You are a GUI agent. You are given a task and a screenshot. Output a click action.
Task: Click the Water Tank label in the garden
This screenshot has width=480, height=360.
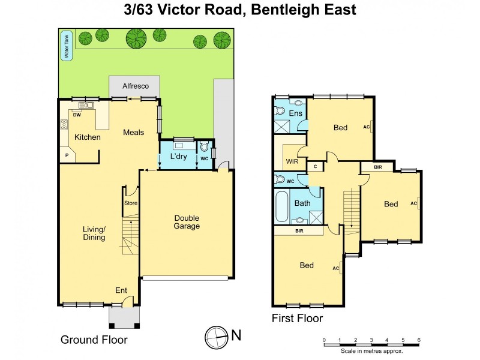coord(66,46)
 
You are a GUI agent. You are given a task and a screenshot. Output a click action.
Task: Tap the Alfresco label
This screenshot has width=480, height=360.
coord(135,86)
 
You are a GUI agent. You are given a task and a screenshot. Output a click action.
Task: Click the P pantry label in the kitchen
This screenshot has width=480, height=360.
coord(66,155)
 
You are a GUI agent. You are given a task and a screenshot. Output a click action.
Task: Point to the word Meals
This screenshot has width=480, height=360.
coord(133,132)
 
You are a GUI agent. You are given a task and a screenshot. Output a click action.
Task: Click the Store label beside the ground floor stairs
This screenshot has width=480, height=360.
coord(131,203)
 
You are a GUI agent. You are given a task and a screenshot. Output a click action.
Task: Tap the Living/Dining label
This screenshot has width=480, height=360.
coord(94,233)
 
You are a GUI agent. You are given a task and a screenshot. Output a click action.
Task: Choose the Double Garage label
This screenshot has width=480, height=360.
coord(187,222)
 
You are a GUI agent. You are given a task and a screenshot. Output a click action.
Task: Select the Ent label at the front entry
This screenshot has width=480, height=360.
coord(121,290)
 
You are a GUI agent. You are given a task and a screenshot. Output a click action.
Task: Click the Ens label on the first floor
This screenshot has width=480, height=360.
coord(296,113)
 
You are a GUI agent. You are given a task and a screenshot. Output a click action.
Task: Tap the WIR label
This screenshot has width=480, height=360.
coord(293,161)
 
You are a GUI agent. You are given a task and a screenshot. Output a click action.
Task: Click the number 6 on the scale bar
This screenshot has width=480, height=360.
coord(419,340)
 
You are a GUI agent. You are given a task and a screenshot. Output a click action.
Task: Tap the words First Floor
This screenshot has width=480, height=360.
coord(298,318)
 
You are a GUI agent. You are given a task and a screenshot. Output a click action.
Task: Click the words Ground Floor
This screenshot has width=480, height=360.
coord(94,340)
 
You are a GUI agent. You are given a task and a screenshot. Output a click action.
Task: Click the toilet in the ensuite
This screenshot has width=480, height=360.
coord(280,110)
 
